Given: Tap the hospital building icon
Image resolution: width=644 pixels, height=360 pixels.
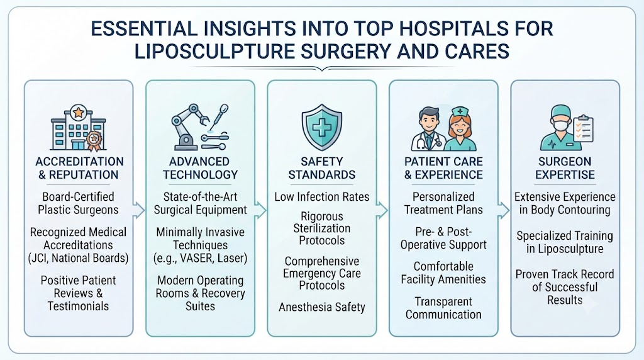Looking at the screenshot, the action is [78, 128].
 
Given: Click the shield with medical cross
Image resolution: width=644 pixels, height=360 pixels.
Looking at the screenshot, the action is [322, 127].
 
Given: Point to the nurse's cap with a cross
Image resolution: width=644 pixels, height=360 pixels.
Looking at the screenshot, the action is [460, 111].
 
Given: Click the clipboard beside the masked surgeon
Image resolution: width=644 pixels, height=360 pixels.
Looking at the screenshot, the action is [583, 128].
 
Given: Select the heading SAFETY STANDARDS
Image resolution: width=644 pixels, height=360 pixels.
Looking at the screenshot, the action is [322, 168].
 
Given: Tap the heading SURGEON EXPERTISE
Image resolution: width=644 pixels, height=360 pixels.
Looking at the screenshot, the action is [565, 168].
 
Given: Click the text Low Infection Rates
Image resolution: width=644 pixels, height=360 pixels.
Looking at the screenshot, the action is [322, 197].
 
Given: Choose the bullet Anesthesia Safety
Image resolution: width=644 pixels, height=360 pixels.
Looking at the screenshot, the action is [322, 307].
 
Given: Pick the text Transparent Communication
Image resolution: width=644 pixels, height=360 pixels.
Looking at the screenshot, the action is [443, 308].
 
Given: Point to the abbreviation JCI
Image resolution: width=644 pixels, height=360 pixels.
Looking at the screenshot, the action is [40, 258].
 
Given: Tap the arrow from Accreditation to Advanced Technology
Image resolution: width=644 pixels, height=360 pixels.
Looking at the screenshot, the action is [139, 210].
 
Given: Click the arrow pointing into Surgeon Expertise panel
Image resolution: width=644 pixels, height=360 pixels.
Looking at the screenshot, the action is [504, 210].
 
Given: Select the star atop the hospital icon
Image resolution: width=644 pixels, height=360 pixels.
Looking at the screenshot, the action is [78, 112].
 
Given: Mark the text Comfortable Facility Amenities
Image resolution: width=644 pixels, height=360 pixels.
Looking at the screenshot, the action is [443, 273].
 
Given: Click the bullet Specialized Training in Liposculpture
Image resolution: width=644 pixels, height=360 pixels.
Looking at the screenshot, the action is [565, 242].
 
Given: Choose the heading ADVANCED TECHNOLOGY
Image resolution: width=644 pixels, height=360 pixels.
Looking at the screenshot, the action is [200, 168].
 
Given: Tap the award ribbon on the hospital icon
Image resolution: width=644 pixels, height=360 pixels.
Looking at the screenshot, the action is [94, 141].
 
